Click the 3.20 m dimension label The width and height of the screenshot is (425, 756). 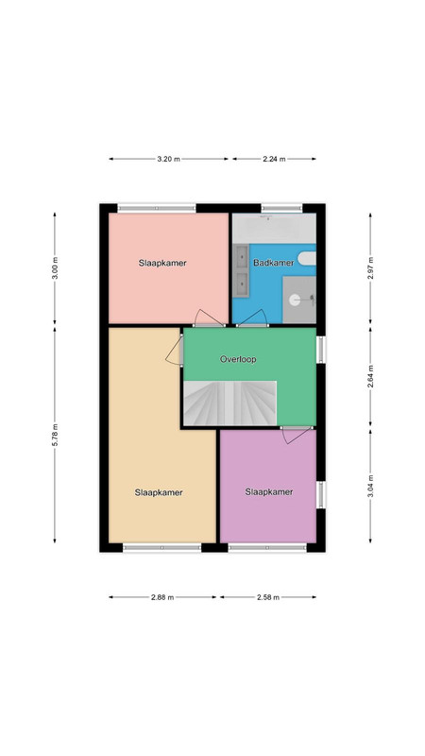[168, 159]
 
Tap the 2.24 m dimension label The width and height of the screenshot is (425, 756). [274, 159]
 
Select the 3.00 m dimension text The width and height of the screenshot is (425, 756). [55, 268]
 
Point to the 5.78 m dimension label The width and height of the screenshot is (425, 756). [55, 435]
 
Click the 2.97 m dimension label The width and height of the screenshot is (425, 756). [370, 268]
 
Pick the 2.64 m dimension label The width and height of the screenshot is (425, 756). [370, 377]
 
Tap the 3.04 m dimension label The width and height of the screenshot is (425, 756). [370, 487]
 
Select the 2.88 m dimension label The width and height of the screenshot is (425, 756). [161, 597]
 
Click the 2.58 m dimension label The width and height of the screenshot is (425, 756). [268, 597]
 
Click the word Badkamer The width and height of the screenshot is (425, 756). [273, 263]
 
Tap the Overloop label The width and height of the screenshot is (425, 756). [238, 359]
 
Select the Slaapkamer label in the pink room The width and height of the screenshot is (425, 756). [162, 264]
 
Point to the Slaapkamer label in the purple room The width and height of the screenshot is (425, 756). [269, 492]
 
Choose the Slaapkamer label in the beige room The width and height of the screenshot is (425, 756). [159, 492]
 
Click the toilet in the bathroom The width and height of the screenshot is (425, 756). [307, 259]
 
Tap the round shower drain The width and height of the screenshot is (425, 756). [295, 300]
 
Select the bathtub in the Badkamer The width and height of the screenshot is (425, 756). [274, 229]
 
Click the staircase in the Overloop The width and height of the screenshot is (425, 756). [229, 404]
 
